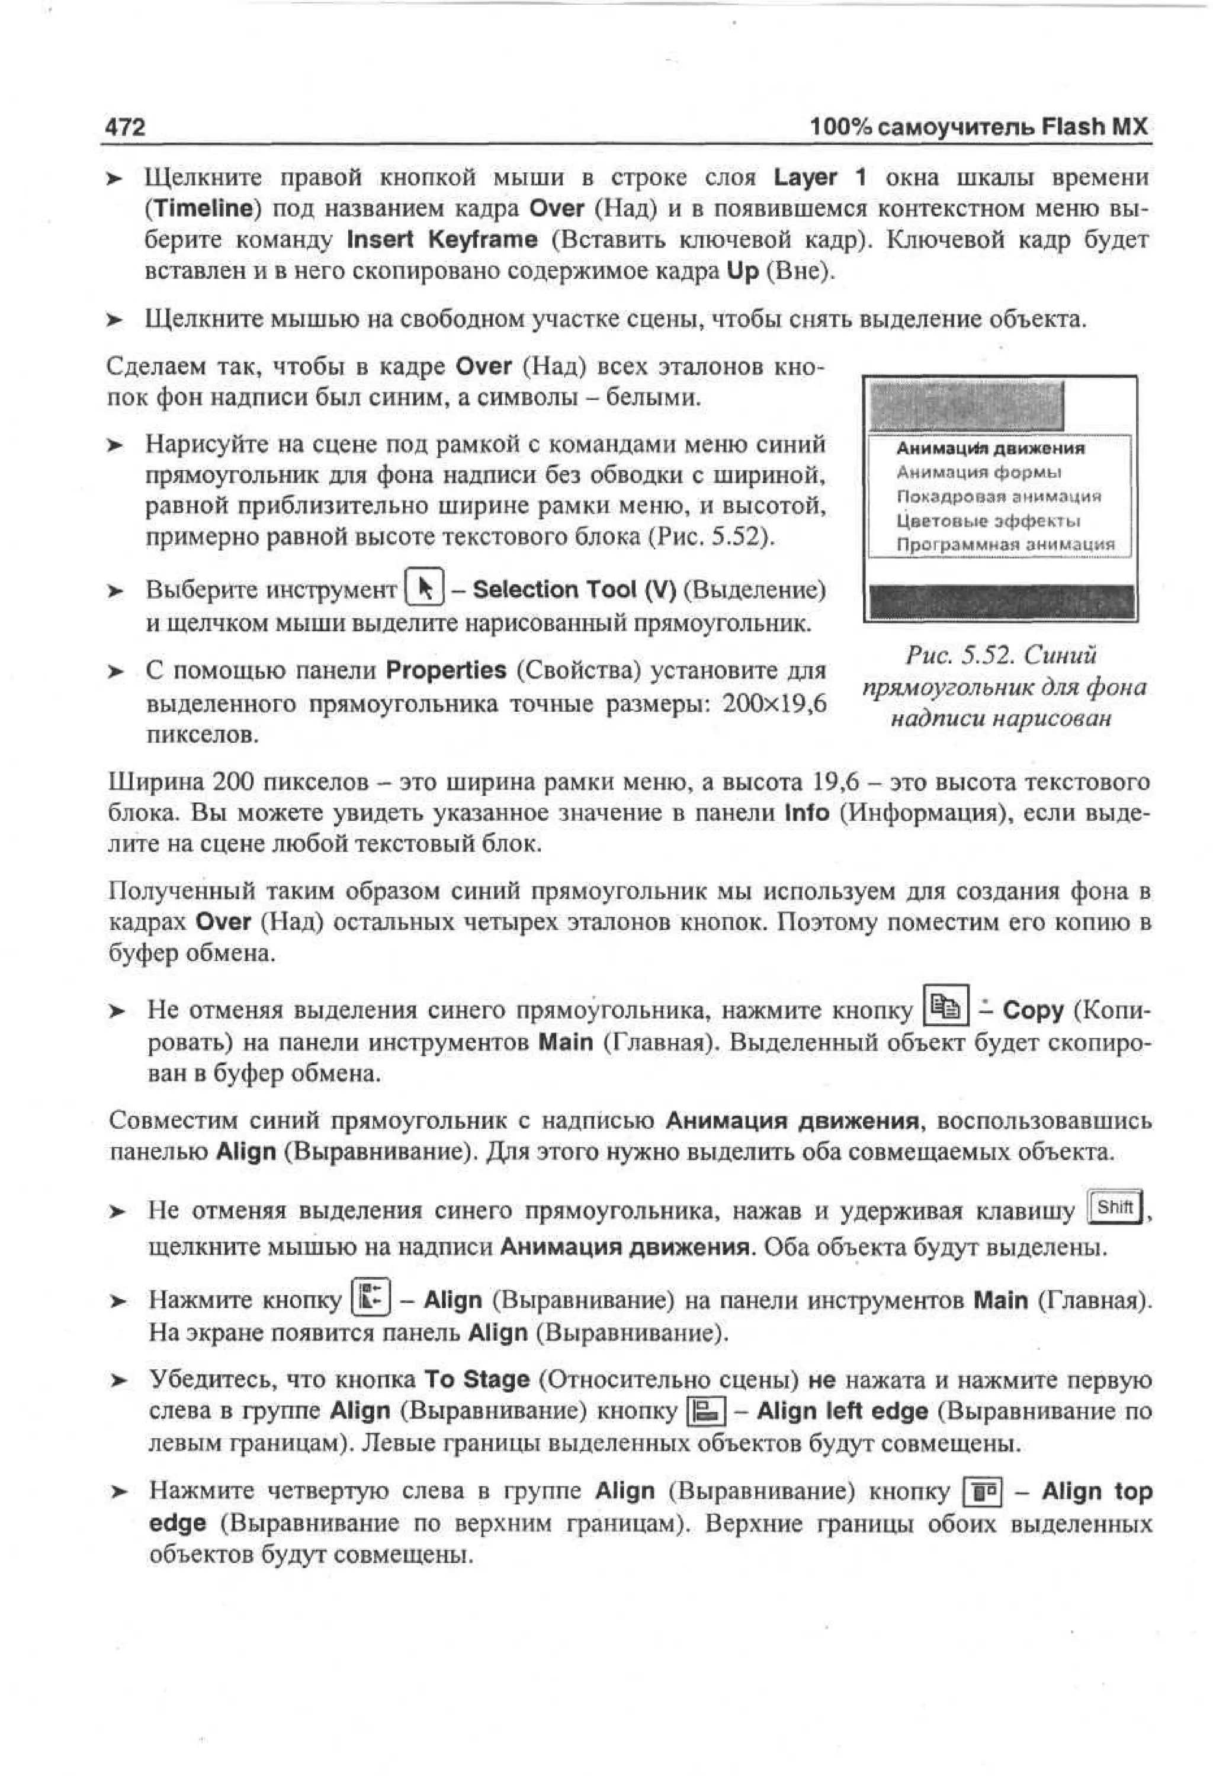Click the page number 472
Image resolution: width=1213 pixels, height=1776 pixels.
124,126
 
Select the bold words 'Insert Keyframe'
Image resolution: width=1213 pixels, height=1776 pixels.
442,240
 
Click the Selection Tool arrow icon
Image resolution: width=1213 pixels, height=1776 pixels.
421,589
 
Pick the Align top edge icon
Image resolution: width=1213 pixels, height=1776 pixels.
984,1491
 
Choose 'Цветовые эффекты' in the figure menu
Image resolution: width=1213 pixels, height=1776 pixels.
987,521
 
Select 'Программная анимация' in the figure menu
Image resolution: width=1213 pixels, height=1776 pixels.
1005,545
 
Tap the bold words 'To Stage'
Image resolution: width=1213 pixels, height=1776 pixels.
476,1379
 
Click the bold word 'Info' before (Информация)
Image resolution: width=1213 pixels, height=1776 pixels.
806,813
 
